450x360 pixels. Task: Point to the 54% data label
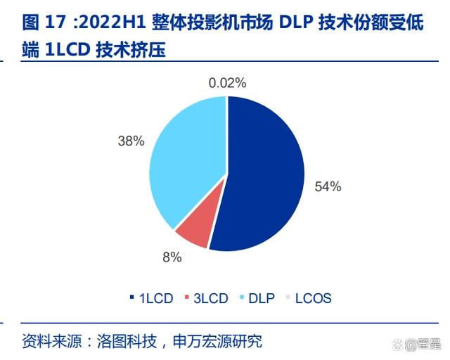[x=328, y=186]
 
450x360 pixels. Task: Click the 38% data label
[x=131, y=141]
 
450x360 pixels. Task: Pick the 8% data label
[x=172, y=257]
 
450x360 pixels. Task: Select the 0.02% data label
[x=227, y=83]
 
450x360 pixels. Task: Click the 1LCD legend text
[x=155, y=298]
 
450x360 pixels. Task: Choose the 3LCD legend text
[x=211, y=298]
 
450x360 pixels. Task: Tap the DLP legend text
[x=262, y=298]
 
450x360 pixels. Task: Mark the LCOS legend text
[x=314, y=298]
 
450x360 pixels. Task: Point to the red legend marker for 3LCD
[x=187, y=298]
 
